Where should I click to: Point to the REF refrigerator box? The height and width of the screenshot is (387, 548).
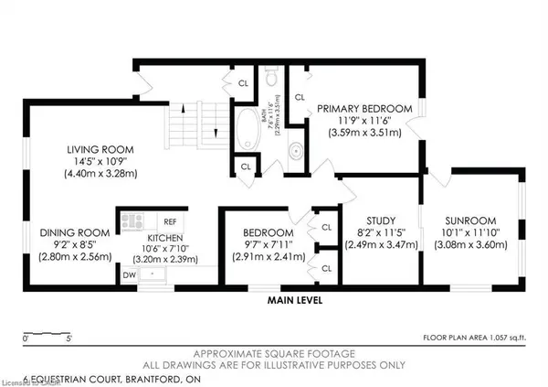click(169, 220)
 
